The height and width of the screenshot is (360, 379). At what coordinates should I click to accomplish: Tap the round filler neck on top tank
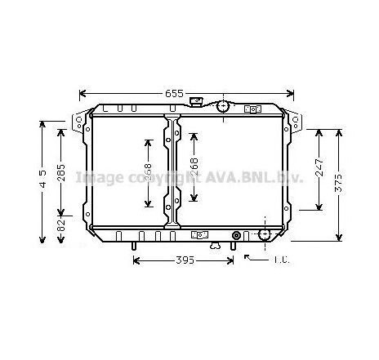click(x=222, y=106)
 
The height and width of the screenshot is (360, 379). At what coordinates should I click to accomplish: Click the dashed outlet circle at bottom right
click(x=264, y=235)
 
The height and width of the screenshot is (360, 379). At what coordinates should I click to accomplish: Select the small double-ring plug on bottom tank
click(x=236, y=235)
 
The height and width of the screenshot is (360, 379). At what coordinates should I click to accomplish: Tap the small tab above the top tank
click(x=196, y=101)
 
